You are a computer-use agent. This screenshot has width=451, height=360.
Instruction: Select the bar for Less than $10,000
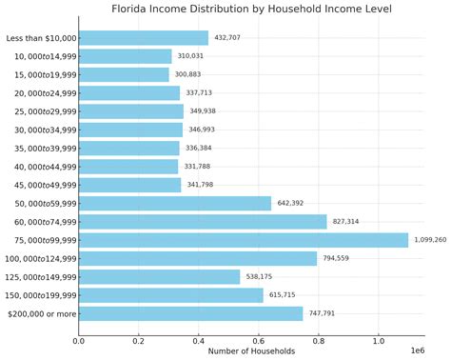143,38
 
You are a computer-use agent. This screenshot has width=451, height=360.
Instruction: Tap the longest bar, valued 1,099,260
244,240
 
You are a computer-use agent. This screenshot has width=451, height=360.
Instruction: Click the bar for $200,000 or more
190,313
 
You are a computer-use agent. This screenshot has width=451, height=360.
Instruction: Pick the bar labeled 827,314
203,222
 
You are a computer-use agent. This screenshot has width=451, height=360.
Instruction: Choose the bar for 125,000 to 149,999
159,277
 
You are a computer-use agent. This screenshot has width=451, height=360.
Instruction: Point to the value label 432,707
226,38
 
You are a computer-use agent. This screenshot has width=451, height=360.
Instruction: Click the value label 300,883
187,74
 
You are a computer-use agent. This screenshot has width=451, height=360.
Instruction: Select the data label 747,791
321,313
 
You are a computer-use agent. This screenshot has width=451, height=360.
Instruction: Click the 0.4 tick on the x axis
199,340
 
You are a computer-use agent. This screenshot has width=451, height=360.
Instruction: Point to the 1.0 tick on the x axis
379,340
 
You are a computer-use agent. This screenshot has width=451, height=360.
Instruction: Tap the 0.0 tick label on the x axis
79,340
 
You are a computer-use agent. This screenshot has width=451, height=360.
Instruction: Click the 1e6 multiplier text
417,351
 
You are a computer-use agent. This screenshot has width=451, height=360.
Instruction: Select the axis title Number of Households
251,351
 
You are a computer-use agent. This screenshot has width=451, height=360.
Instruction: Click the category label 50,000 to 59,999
44,204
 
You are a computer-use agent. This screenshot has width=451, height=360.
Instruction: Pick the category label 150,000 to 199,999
40,295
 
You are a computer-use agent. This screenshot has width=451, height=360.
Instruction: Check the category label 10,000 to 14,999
44,56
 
